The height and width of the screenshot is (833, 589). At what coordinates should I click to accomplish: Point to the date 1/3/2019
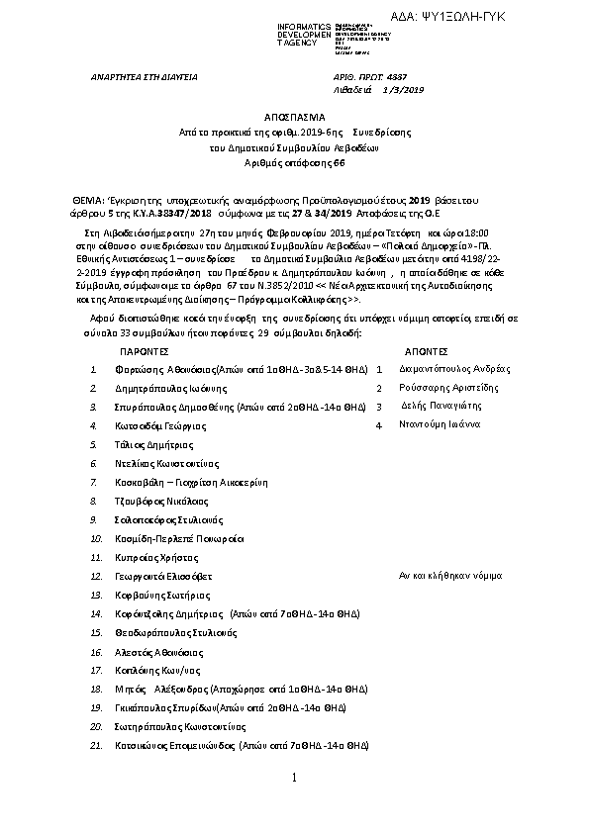tap(403, 89)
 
